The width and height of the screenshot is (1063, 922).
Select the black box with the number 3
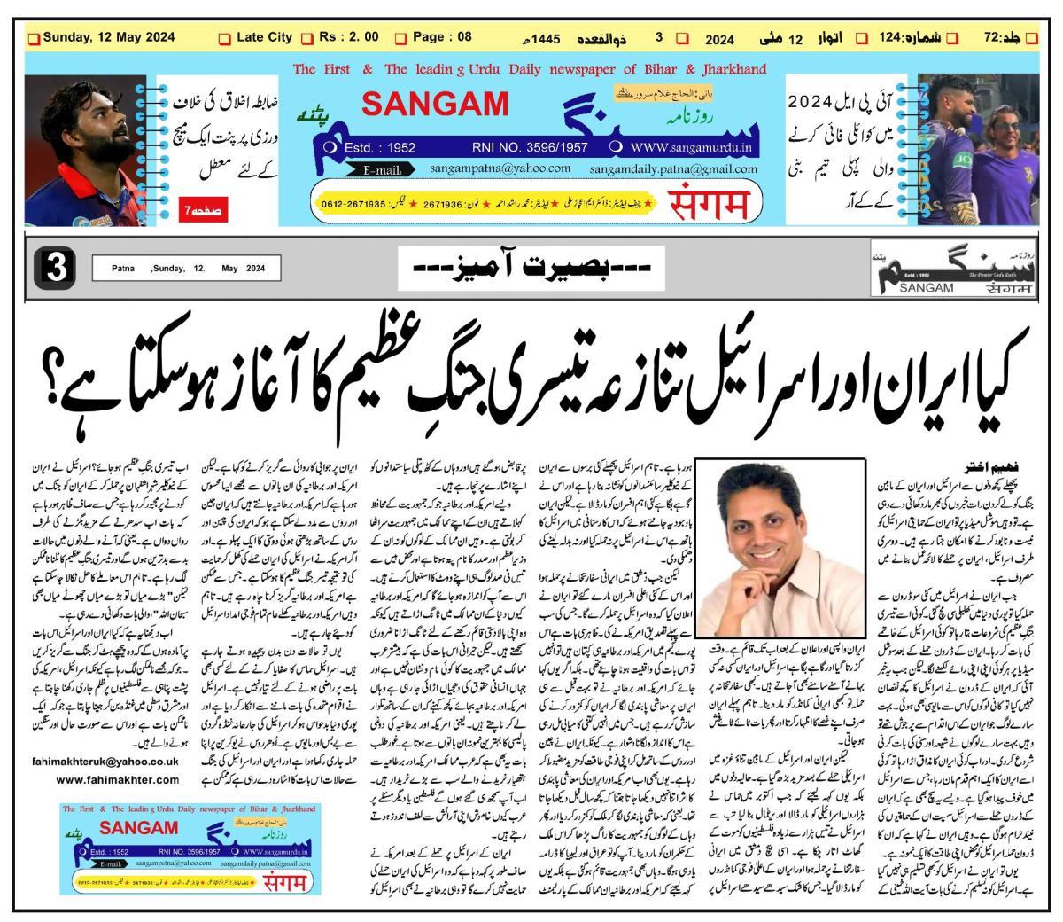point(53,267)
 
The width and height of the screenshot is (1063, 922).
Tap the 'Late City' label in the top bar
point(264,37)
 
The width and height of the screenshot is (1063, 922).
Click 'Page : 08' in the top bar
point(442,37)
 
